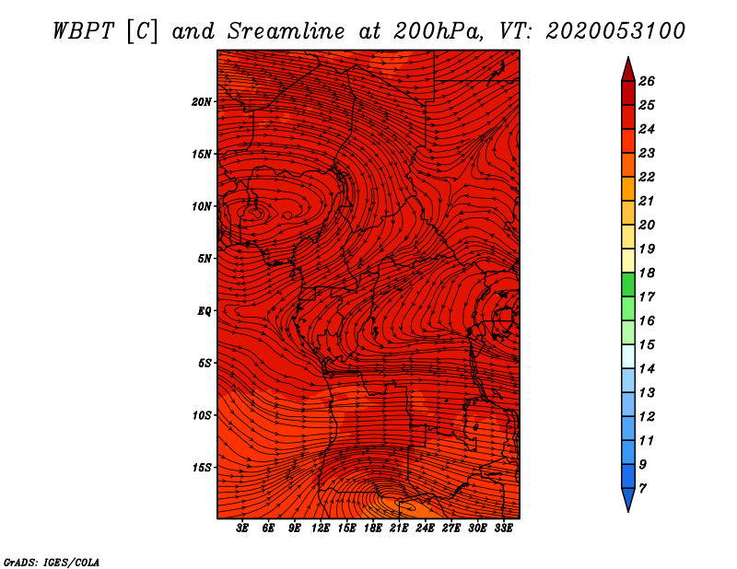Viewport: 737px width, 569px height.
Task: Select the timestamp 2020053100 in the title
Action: click(615, 30)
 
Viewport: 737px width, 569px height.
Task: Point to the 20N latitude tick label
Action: click(202, 101)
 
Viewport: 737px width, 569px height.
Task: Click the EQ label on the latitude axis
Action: click(205, 311)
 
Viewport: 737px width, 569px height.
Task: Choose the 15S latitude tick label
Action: click(202, 468)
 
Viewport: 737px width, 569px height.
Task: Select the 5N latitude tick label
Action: click(205, 259)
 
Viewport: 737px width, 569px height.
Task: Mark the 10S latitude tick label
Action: click(202, 415)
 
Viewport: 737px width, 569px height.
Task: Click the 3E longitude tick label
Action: click(243, 528)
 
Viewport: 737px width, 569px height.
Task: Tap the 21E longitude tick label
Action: click(399, 528)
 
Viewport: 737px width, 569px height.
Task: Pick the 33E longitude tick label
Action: click(503, 528)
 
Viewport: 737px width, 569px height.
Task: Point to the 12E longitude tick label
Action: click(321, 528)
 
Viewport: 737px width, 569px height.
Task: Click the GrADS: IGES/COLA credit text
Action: click(52, 562)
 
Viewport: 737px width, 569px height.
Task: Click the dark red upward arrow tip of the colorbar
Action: click(627, 66)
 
